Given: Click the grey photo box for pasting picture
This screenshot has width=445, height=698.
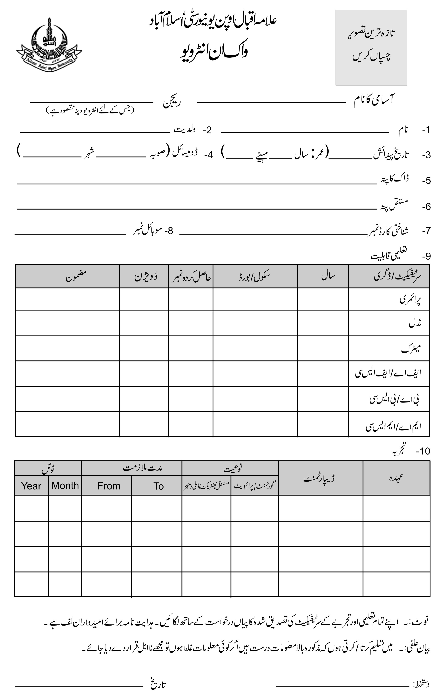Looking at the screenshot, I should (x=371, y=47).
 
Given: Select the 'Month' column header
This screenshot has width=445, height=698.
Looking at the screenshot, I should (x=65, y=486).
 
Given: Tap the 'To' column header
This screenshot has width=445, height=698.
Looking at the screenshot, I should (x=159, y=486).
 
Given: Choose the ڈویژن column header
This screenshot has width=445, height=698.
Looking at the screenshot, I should (x=146, y=276).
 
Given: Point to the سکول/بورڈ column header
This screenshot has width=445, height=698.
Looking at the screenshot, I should (x=255, y=276).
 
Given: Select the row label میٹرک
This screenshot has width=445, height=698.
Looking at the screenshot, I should (x=411, y=349).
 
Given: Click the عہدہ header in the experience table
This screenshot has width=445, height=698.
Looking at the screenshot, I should (x=396, y=478).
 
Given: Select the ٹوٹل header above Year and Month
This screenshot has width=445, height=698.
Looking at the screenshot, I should (x=48, y=469).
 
